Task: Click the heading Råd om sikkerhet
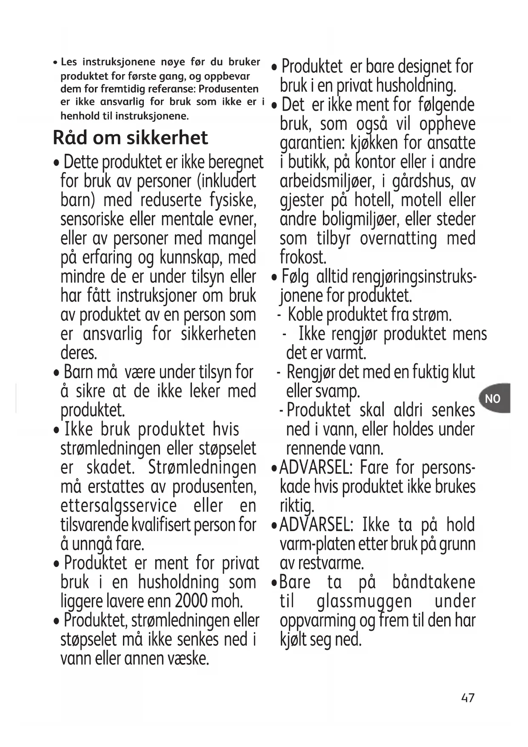coord(130,138)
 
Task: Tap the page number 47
coord(468,698)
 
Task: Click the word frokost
coord(303,257)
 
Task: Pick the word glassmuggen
coord(364,601)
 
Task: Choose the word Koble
coord(306,315)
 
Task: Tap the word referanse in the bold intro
coord(174,89)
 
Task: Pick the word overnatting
coord(398,238)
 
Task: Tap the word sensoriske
coord(92,219)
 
